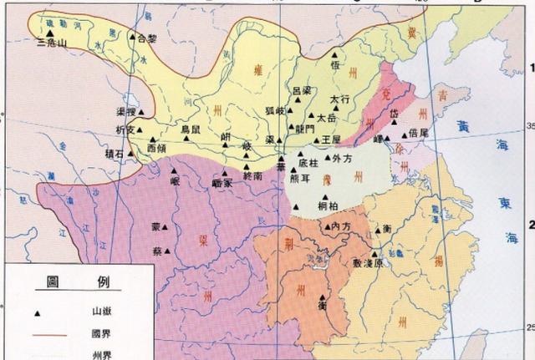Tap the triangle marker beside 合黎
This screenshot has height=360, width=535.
(132, 38)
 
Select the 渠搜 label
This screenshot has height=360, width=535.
(126, 111)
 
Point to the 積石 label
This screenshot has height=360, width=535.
(114, 154)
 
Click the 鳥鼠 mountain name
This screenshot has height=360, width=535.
(191, 130)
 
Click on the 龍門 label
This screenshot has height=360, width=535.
(305, 129)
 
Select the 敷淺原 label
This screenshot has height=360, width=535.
(368, 262)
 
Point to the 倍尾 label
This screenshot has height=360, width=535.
(418, 133)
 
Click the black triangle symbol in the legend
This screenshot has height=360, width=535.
(38, 313)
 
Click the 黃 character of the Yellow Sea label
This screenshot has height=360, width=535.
(465, 126)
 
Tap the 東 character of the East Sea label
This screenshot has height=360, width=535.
(510, 200)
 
